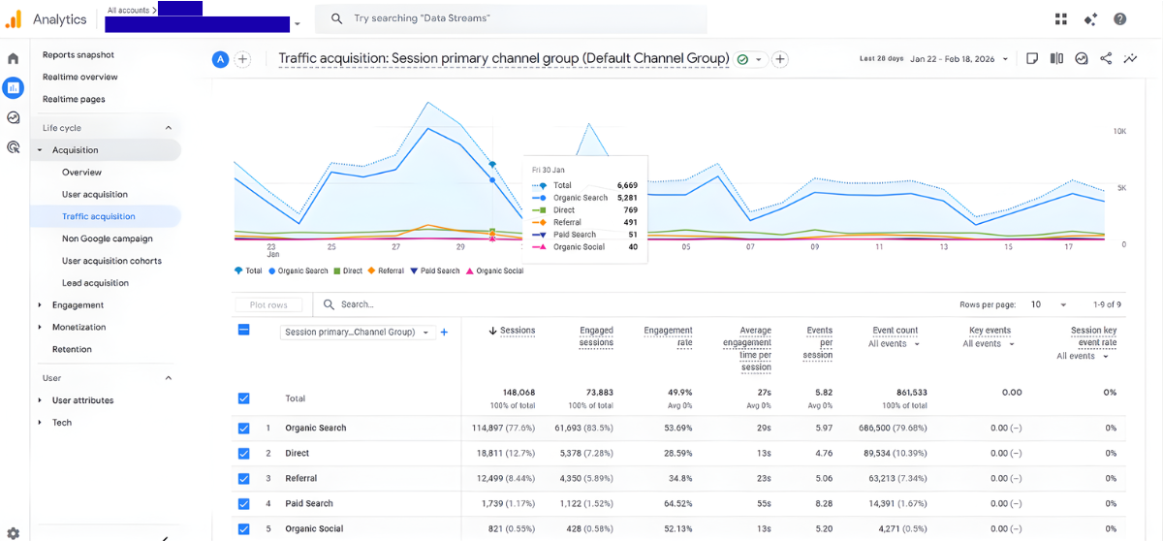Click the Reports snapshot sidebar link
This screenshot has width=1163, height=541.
point(78,54)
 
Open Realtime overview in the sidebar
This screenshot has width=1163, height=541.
point(79,77)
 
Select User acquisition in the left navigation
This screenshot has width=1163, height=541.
point(94,194)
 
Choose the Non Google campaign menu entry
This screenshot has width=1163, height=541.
point(107,239)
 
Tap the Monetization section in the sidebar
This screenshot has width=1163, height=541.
point(79,327)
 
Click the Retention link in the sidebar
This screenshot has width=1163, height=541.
point(72,349)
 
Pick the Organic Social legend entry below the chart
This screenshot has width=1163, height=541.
point(499,270)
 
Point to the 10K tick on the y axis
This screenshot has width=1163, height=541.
point(1118,131)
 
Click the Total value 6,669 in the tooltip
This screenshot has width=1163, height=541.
point(627,185)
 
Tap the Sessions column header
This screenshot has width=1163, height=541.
point(517,331)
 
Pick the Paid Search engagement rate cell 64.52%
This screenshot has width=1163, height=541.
point(675,503)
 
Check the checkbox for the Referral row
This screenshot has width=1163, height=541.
point(243,478)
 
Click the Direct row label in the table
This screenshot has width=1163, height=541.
point(298,453)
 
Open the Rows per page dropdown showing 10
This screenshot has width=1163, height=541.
point(1048,304)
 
